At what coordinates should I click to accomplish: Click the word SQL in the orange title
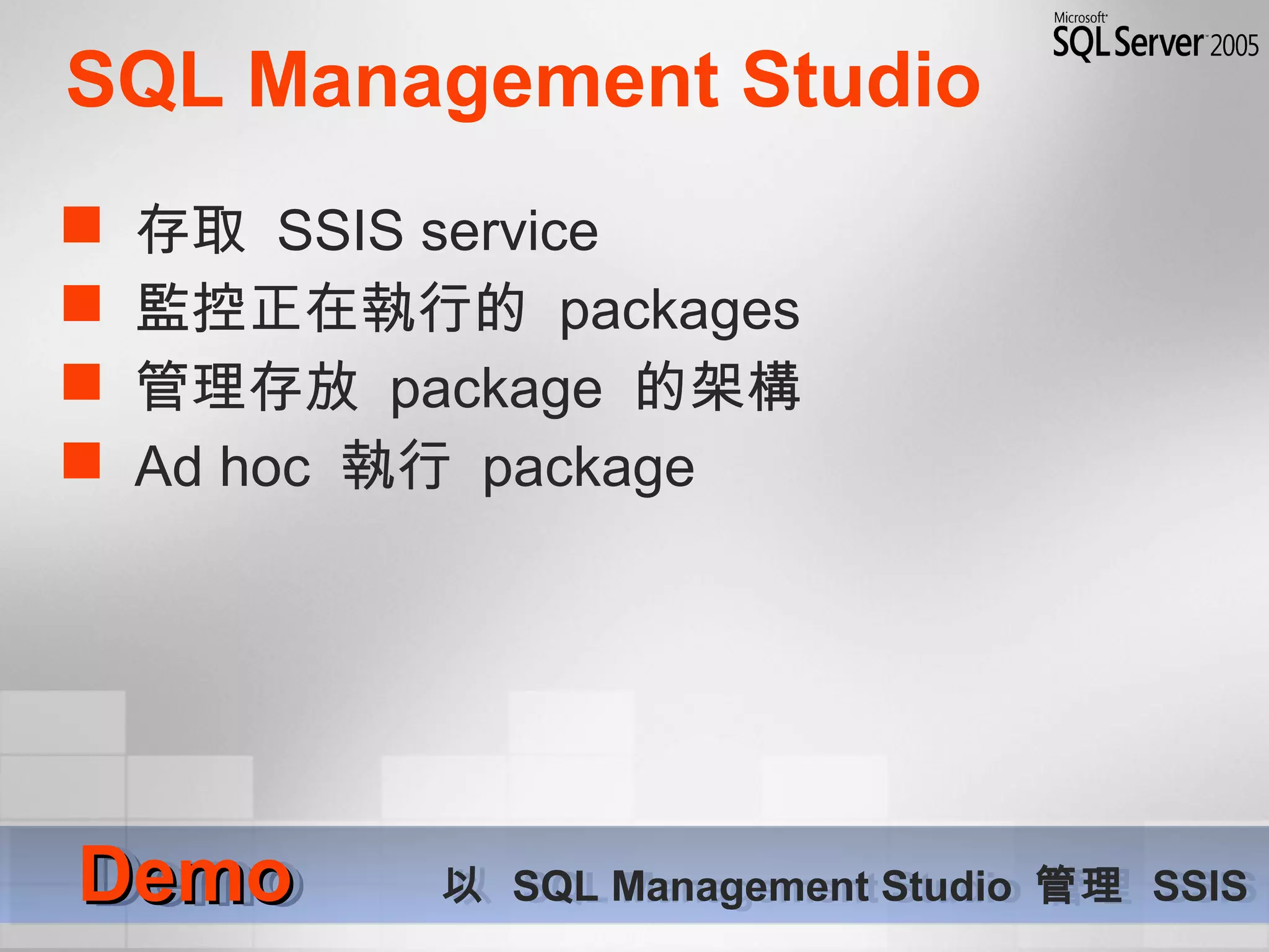(145, 79)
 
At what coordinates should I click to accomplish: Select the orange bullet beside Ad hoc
(81, 460)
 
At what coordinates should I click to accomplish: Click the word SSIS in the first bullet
(340, 231)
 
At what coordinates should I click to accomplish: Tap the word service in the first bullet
(509, 232)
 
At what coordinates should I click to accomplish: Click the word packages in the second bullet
(679, 312)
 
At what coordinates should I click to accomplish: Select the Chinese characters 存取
(191, 229)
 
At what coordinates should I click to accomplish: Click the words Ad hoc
(222, 466)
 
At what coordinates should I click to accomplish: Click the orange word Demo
(186, 875)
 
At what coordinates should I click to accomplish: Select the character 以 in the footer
(462, 885)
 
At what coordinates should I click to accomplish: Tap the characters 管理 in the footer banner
(1078, 885)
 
